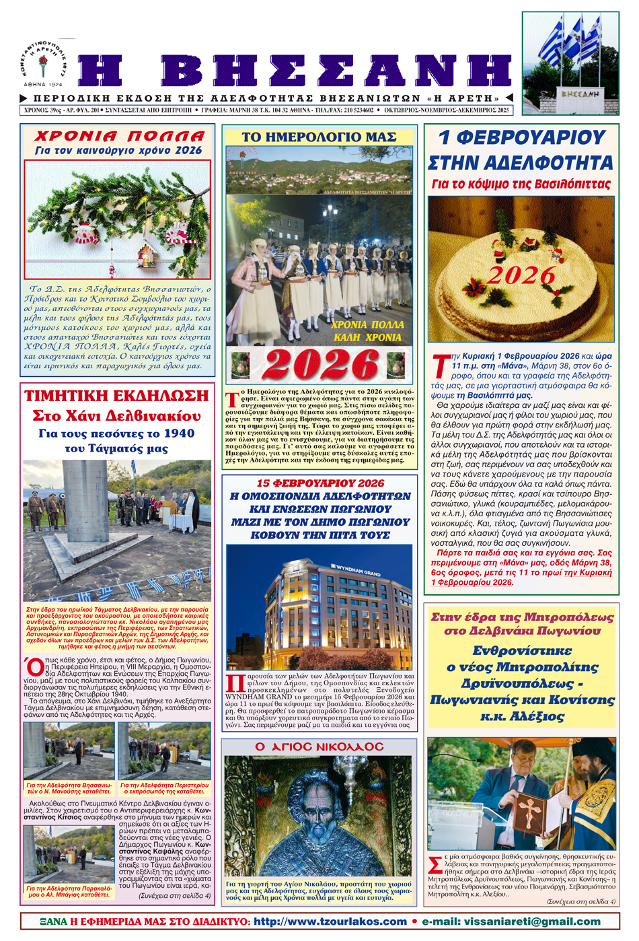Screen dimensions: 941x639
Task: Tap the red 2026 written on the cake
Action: [x=521, y=275]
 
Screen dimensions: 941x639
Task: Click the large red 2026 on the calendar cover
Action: [x=320, y=364]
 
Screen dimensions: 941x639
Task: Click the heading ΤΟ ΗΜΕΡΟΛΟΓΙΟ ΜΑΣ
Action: [x=319, y=137]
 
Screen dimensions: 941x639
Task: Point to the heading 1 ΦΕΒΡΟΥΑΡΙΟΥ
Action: [x=521, y=137]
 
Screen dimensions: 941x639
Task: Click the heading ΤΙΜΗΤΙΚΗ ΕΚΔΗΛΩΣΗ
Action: [x=117, y=395]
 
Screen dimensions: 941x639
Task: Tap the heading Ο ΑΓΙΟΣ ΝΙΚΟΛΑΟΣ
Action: [x=319, y=746]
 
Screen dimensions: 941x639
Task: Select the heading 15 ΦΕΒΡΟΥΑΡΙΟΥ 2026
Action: [x=319, y=483]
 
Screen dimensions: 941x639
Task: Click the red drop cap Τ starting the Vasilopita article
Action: [x=439, y=366]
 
